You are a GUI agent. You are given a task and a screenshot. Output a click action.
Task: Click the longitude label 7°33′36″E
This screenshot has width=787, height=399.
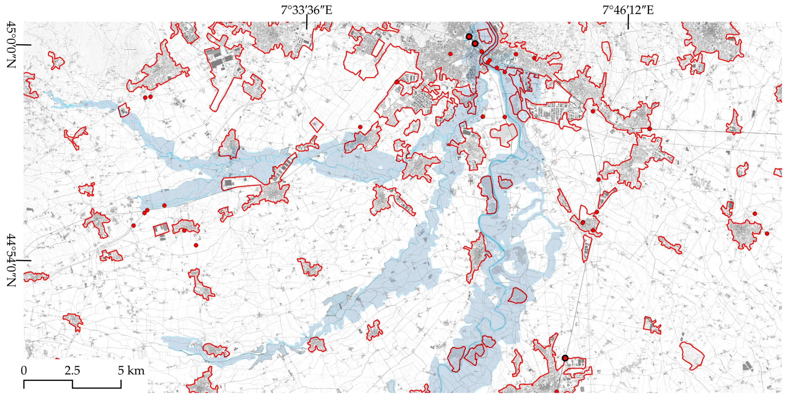pos(306,11)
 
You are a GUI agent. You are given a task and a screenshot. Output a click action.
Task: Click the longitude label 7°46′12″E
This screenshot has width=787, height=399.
pos(628,11)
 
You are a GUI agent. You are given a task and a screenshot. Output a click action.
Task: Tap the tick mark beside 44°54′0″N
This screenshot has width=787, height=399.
pos(24,261)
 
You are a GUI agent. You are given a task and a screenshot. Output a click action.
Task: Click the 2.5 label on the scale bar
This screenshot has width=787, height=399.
pos(72,371)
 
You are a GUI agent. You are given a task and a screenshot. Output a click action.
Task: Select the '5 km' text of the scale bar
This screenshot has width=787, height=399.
pos(131,371)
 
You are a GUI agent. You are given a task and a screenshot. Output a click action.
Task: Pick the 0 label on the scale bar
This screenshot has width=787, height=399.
pos(24,371)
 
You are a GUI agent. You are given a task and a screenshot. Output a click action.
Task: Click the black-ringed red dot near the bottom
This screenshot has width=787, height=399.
pos(565,358)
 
